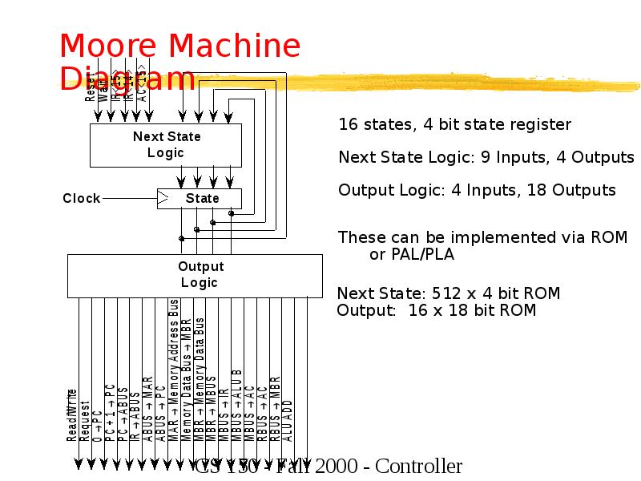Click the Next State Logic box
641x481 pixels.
click(x=166, y=145)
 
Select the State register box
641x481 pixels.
click(x=200, y=198)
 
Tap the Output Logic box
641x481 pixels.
click(x=195, y=275)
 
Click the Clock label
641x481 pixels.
click(x=82, y=198)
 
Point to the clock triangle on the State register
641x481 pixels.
click(x=163, y=198)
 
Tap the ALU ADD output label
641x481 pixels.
click(x=288, y=419)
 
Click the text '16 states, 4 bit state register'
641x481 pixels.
click(x=454, y=124)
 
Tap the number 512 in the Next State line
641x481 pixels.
click(x=447, y=293)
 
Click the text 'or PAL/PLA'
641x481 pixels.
click(x=411, y=255)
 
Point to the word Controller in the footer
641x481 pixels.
click(x=418, y=467)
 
